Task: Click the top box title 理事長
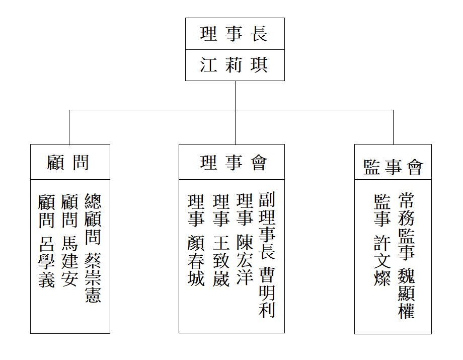click(234, 34)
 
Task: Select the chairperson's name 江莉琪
click(234, 65)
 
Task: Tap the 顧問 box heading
click(68, 162)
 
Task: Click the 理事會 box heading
click(234, 162)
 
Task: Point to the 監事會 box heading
click(393, 167)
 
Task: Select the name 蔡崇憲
click(93, 277)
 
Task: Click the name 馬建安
click(69, 261)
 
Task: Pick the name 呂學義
click(47, 261)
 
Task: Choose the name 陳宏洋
click(245, 260)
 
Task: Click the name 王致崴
click(221, 261)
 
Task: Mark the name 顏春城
click(196, 261)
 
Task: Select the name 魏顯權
click(407, 294)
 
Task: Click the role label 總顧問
click(93, 219)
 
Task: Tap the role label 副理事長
click(267, 226)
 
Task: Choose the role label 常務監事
click(407, 227)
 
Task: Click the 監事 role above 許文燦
click(382, 210)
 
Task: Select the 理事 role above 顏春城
click(196, 210)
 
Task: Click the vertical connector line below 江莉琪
click(236, 112)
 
